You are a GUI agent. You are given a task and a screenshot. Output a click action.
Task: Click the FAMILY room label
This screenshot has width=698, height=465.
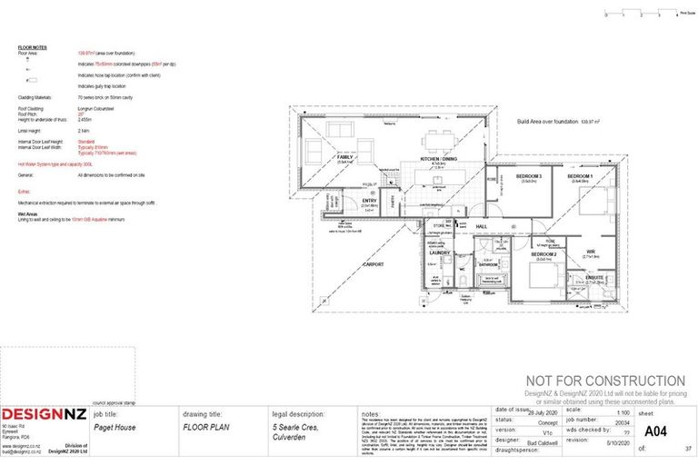click(x=344, y=157)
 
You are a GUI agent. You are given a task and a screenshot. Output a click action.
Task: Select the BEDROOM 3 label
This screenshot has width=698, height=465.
click(x=529, y=175)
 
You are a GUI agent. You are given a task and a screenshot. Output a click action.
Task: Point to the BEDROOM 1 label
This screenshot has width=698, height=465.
click(x=580, y=175)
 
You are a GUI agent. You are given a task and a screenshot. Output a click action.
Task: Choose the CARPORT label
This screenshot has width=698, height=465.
click(x=374, y=264)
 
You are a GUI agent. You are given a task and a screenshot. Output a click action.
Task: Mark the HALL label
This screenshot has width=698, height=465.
click(x=483, y=226)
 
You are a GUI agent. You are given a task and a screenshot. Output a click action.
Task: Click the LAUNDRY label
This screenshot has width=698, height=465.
click(x=441, y=252)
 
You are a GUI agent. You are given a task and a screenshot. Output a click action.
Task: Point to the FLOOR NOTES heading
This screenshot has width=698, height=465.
click(x=33, y=47)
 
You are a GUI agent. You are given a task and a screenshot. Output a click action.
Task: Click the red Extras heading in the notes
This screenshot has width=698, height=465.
click(x=24, y=192)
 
